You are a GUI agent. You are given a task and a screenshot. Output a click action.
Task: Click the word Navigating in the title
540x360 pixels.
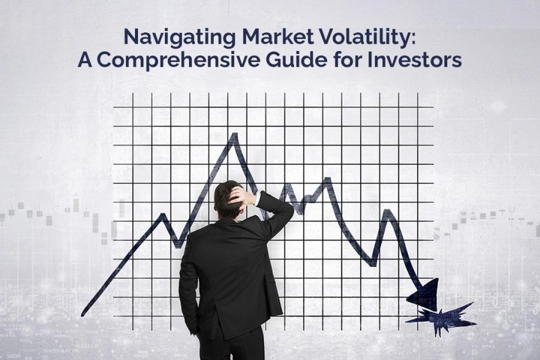tap(180, 38)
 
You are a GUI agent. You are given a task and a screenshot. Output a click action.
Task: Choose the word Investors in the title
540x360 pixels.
tap(415, 59)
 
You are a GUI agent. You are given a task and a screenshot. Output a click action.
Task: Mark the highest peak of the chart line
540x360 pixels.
tap(235, 134)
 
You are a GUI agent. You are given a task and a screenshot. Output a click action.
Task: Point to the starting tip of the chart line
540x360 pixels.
tap(83, 314)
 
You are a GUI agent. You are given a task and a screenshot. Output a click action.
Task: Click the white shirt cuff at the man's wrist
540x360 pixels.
tap(257, 198)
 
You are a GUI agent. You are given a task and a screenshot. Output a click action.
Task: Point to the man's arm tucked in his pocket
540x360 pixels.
tap(188, 289)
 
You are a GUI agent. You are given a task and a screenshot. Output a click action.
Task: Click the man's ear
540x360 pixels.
tap(242, 206)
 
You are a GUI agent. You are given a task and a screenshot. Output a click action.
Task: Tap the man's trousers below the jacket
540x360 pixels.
tap(232, 344)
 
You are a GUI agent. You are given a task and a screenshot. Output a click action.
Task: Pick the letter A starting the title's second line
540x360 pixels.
tap(85, 60)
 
